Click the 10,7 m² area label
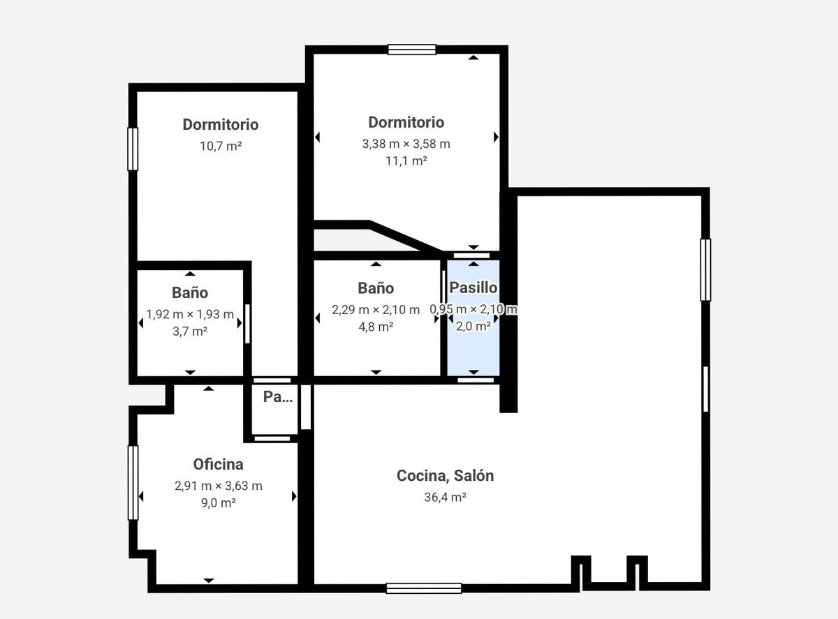pos(220,147)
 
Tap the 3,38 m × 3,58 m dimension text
pos(406,144)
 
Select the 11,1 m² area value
pos(406,161)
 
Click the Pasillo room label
pos(473,288)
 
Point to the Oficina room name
pos(218,464)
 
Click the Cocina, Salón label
pos(445,476)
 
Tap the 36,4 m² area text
pos(445,498)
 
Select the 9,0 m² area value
pos(218,502)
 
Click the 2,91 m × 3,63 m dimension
pos(218,486)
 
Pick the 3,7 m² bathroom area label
pos(190,331)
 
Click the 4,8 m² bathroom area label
pos(376,326)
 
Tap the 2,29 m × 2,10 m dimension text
pos(376,310)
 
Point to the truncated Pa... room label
pos(277,397)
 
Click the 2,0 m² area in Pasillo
pos(473,326)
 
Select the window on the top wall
pos(412,49)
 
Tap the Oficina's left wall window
pos(132,483)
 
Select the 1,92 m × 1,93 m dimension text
pos(190,315)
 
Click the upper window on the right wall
pos(705,269)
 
